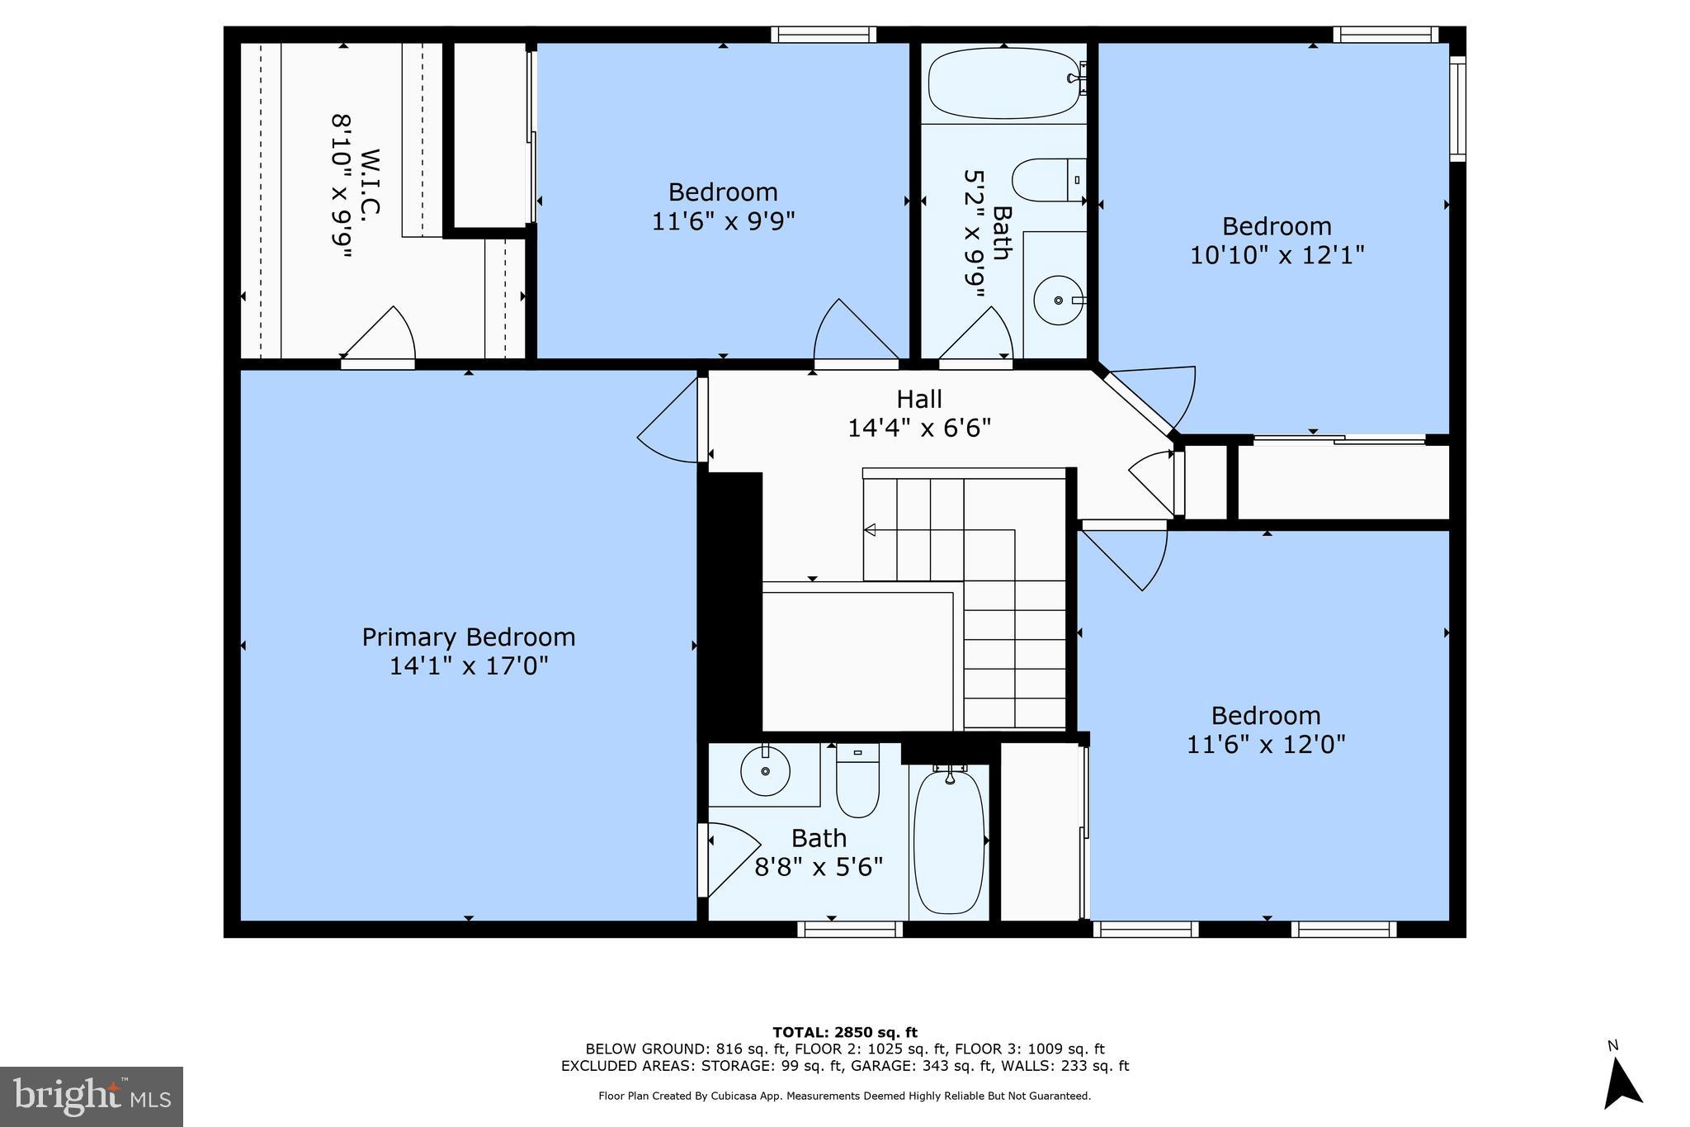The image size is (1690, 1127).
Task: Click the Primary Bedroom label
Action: pos(468,637)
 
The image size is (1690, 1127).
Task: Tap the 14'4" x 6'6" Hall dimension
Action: pos(919,428)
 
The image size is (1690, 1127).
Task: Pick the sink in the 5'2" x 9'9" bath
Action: pos(1059,301)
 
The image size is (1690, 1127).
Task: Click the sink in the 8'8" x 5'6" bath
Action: pos(765,771)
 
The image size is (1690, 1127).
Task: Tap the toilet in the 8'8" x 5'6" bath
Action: pos(857,782)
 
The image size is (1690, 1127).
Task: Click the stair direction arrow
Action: pos(870,530)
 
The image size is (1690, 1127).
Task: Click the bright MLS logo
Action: pos(92,1096)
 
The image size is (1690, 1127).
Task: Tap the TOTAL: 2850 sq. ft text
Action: pos(844,1032)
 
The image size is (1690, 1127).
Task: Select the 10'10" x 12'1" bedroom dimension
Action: pos(1277,254)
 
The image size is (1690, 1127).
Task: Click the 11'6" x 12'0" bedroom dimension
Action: pos(1266,744)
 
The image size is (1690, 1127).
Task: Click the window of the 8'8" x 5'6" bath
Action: pos(850,929)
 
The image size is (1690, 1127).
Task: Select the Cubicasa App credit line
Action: pos(844,1096)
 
